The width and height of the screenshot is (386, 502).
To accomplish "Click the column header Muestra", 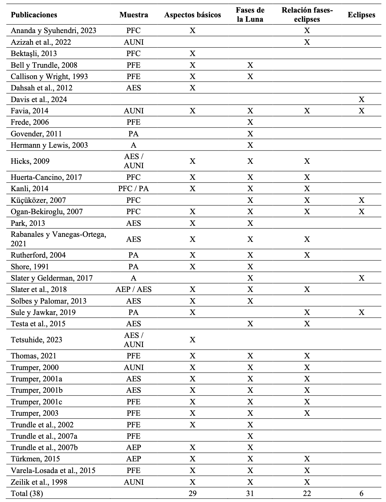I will pos(133,15).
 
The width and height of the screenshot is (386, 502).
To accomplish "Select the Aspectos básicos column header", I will pos(192,15).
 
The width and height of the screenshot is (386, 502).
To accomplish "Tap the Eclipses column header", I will pos(361,15).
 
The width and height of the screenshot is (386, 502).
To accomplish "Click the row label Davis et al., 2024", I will pos(39,100).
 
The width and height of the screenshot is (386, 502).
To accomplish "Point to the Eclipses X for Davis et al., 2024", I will pos(361,100).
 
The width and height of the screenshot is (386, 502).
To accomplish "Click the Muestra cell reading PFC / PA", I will pos(133,189).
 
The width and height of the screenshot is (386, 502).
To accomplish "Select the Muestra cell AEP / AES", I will pos(133,289).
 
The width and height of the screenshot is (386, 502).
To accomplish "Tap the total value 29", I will pos(192,493).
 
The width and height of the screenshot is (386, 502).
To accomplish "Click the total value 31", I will pos(250,493).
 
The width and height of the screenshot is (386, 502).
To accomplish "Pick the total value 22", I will pos(307,493).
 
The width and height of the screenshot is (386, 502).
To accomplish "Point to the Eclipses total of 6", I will pos(361,493).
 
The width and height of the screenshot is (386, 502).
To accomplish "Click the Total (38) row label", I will pos(27,493).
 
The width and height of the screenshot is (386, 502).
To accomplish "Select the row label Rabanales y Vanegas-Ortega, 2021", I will pos(58,239).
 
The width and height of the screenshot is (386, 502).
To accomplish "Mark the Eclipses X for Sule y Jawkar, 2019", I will pos(361,312).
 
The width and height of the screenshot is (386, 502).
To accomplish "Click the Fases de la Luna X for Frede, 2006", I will pos(250,122).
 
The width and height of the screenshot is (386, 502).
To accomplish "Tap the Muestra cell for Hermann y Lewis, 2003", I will pos(133,145).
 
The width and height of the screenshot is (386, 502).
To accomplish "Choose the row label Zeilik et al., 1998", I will pos(39,482).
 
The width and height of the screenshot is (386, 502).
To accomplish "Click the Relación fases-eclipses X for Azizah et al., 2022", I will pos(307,42).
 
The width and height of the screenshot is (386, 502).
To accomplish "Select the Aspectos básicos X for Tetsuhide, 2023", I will pos(192,340).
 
